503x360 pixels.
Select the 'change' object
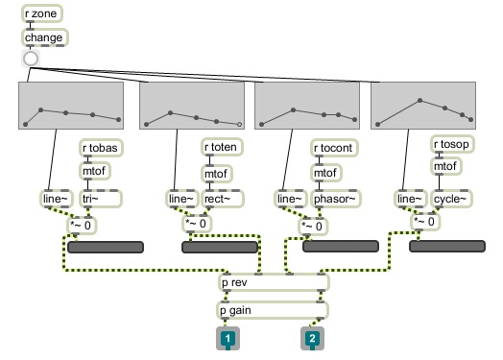click(x=43, y=38)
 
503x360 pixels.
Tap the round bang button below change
click(x=31, y=59)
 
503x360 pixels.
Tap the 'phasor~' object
click(x=336, y=200)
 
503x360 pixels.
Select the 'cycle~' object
click(x=451, y=200)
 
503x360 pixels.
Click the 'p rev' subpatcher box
click(x=275, y=283)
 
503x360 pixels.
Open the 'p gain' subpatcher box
click(x=275, y=310)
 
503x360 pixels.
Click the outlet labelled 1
click(x=228, y=340)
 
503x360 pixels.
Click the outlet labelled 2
click(x=311, y=340)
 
